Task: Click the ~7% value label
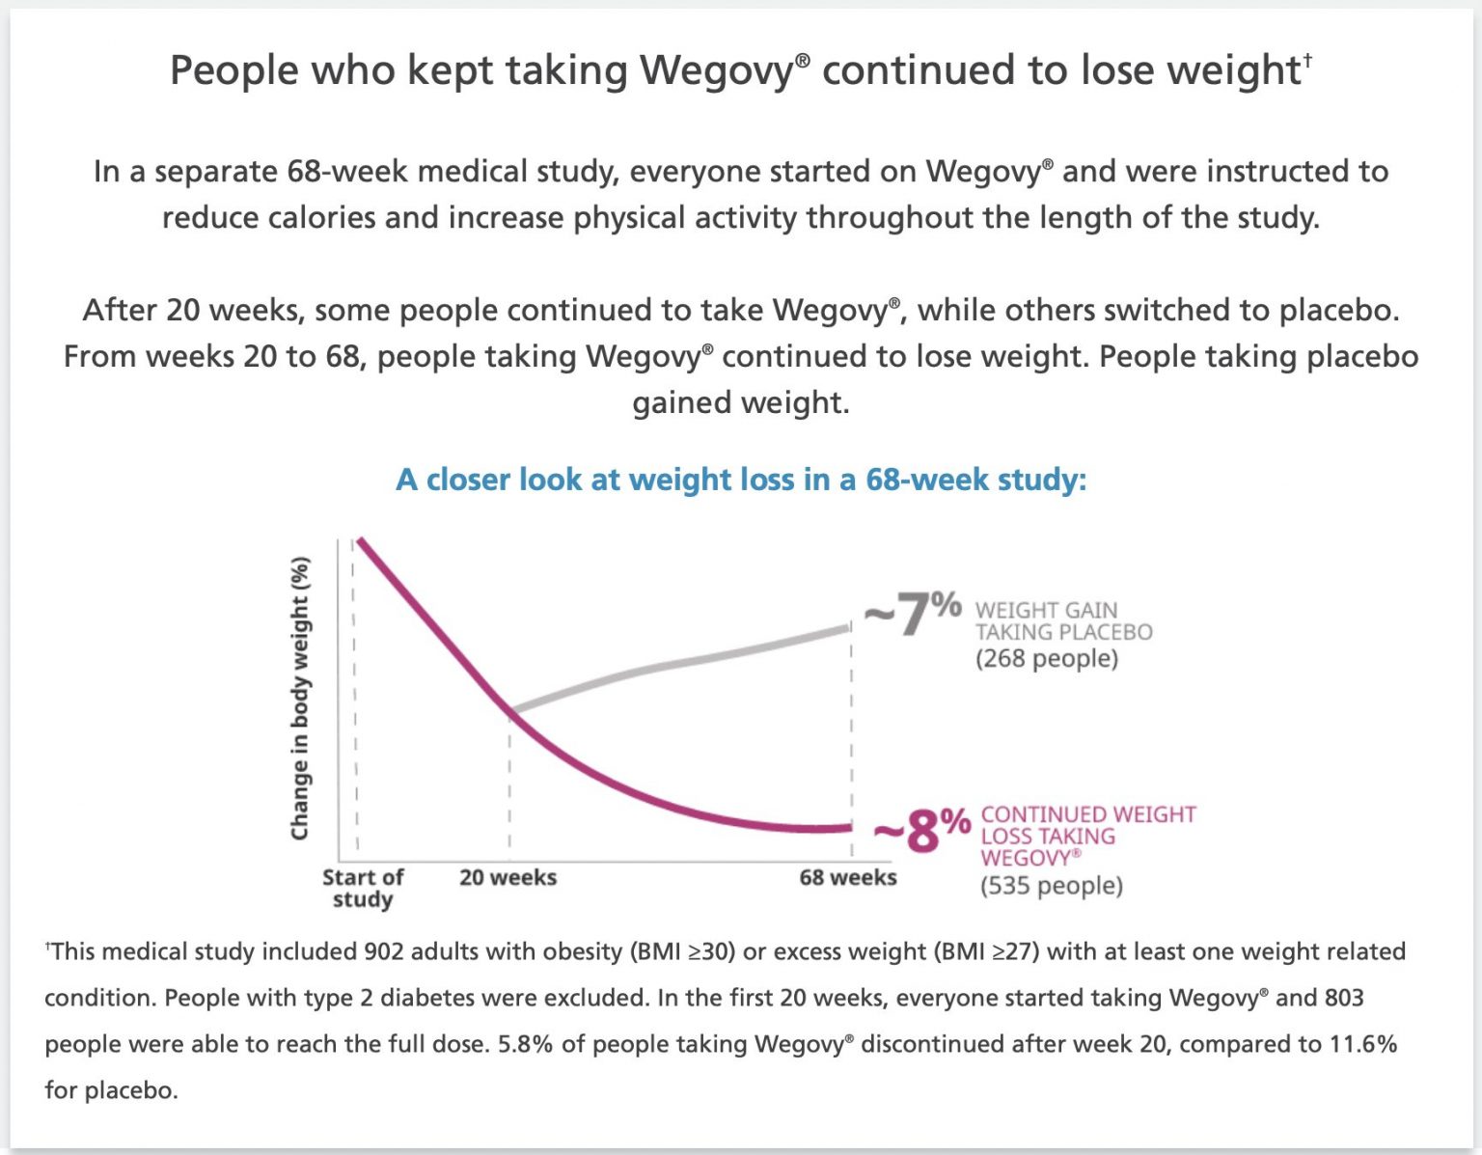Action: tap(913, 614)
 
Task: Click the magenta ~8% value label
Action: tap(921, 830)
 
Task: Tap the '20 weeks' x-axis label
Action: tap(508, 877)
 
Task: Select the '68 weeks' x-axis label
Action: tap(847, 877)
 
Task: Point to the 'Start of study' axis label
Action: tap(362, 888)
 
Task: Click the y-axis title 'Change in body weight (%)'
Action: tap(300, 698)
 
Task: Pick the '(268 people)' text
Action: tap(1046, 659)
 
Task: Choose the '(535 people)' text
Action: tap(1051, 886)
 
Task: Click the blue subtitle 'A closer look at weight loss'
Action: tap(740, 480)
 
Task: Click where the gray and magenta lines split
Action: tap(510, 711)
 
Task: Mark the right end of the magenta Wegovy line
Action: tap(848, 827)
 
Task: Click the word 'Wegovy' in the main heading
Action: tap(716, 70)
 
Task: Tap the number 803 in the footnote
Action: tap(1344, 998)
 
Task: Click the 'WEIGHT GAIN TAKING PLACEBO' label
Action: tap(1062, 621)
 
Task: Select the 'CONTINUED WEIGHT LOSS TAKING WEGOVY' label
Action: tap(1087, 836)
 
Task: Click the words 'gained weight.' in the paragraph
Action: tap(740, 402)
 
